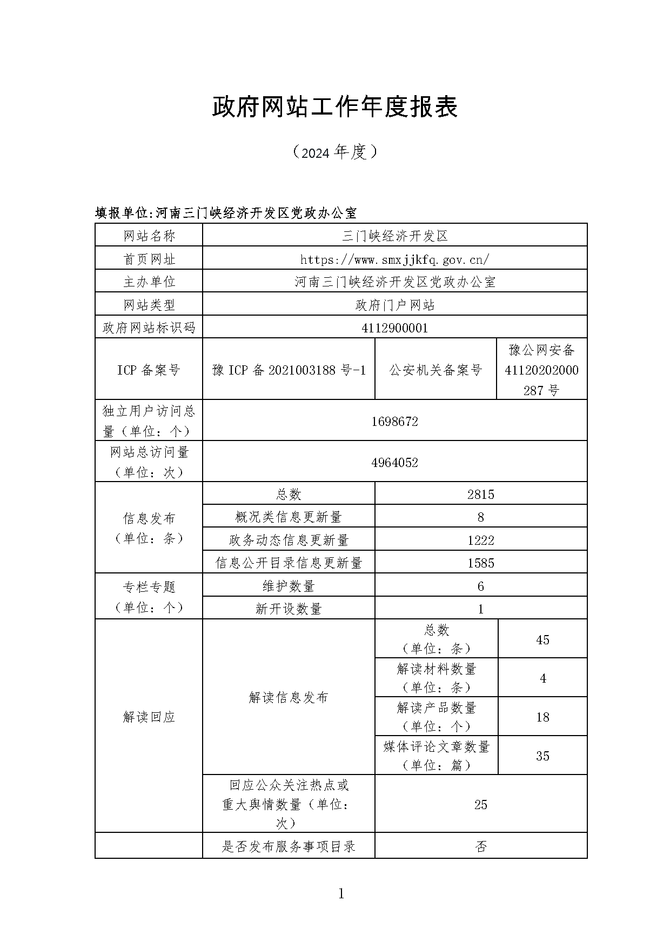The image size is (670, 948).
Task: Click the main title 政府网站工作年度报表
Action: point(334,106)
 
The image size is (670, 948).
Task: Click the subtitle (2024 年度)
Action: point(334,152)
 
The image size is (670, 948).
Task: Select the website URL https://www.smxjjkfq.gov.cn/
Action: point(394,259)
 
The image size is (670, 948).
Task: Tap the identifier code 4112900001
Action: point(394,328)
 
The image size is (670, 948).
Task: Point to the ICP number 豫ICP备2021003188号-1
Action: point(289,370)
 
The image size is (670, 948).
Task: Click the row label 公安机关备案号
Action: point(435,370)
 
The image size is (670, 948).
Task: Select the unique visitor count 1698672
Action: point(394,422)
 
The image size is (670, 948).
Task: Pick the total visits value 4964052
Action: point(394,463)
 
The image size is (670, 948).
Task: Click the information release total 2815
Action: point(481,495)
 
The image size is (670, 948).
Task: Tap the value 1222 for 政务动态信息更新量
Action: point(481,540)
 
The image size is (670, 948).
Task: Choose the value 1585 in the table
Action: point(481,563)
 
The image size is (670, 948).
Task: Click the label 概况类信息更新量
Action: point(289,517)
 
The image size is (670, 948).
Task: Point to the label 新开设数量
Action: point(289,609)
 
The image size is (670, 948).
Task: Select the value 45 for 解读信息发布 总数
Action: point(542,640)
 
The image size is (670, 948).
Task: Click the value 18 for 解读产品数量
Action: point(542,717)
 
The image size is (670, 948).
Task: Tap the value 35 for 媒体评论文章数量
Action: point(542,756)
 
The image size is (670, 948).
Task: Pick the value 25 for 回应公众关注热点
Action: point(481,805)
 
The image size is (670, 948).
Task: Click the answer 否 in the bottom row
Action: point(481,846)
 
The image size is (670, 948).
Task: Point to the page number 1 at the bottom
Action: point(341,894)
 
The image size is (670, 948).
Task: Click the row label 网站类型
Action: point(149,305)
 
